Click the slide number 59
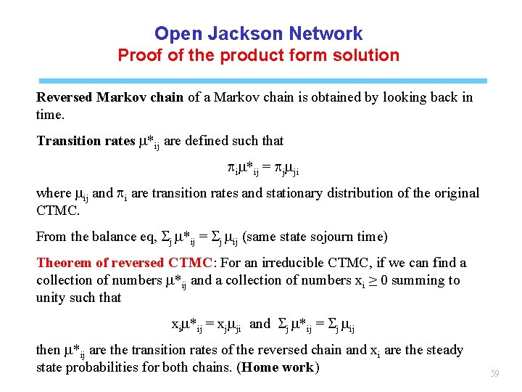coord(495,374)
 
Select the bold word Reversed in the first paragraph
coord(65,97)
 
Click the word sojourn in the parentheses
coord(316,237)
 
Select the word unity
coord(51,298)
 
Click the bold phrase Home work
coord(278,367)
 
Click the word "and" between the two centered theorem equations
coord(259,324)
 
